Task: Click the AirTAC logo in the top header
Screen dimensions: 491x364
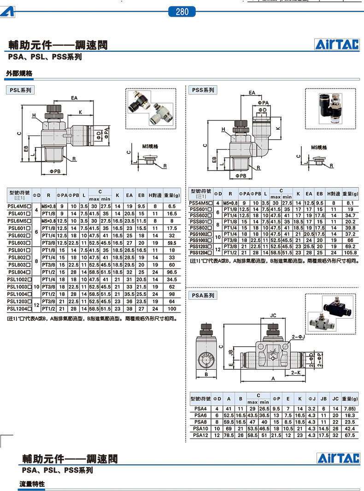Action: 337,44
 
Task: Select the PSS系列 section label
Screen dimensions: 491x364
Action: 203,90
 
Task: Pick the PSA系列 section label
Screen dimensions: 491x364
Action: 203,295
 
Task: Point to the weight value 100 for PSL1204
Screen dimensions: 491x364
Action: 172,308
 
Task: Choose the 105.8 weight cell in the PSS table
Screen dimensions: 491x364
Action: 350,253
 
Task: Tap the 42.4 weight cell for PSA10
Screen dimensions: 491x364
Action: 350,428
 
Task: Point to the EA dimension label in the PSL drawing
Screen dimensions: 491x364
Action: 74,97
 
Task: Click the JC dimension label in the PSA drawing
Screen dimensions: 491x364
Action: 273,316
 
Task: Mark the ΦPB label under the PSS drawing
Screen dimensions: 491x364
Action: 240,176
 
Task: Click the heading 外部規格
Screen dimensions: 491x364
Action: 19,73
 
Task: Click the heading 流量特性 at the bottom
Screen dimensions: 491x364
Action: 32,484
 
